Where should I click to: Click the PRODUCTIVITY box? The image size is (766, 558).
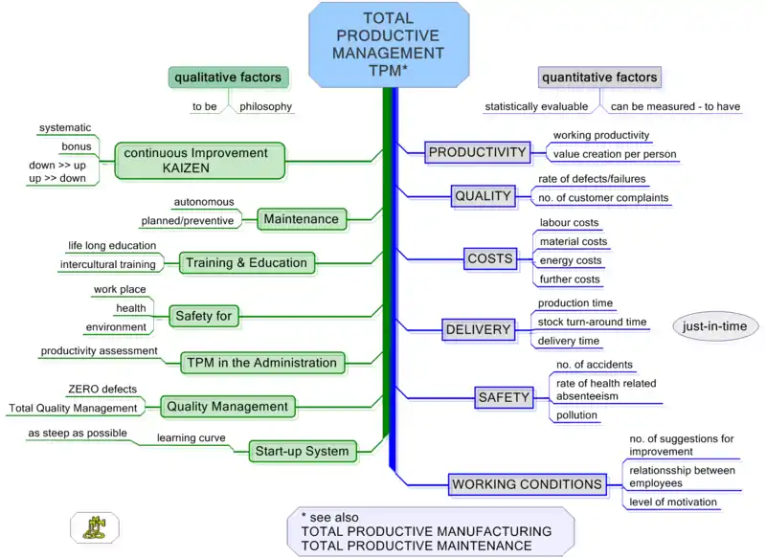477,152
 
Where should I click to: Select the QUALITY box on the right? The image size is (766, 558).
483,196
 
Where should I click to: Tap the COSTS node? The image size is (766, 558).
489,258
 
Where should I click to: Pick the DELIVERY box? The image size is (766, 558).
478,330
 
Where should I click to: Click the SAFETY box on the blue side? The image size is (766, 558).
503,397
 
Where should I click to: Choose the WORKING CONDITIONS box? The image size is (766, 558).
527,484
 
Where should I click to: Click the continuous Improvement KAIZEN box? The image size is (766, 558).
200,160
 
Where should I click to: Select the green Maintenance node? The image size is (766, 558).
301,219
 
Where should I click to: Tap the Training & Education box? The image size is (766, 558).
246,262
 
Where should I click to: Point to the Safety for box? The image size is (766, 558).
204,315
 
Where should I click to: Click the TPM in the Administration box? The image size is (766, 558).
261,363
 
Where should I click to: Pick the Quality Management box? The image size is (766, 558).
227,407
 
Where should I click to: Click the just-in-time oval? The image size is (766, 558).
715,326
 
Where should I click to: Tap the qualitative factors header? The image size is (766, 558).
227,78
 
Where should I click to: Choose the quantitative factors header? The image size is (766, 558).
599,78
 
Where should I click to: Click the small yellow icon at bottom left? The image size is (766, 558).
95,526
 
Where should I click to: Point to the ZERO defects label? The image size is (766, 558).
101,390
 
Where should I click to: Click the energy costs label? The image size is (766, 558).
571,260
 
